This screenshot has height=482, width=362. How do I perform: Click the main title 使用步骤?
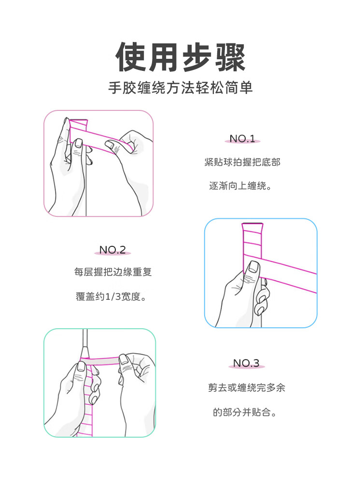point(181,57)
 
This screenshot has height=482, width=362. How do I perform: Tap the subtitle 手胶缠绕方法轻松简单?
point(181,88)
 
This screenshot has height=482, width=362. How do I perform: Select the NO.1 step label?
point(242,139)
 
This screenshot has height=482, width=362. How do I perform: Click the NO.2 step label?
point(112,250)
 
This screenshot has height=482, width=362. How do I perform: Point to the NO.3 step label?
point(246,363)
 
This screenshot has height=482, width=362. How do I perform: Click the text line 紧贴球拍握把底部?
point(242,162)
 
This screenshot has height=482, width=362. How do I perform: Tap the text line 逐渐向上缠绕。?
point(240,186)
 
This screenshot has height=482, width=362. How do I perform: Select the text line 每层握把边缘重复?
point(112,272)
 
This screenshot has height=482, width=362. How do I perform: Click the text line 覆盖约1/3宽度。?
point(111,296)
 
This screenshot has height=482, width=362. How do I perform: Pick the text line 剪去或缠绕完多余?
point(246,388)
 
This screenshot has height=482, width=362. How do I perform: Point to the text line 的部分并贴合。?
point(245,412)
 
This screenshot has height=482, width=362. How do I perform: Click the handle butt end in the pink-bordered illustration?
point(79,120)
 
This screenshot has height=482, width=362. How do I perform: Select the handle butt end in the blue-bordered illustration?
point(252,224)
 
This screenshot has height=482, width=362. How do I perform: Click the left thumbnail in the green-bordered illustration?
point(82,366)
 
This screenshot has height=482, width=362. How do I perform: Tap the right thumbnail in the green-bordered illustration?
point(124,360)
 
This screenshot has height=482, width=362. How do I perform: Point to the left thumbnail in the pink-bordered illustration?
point(78,143)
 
